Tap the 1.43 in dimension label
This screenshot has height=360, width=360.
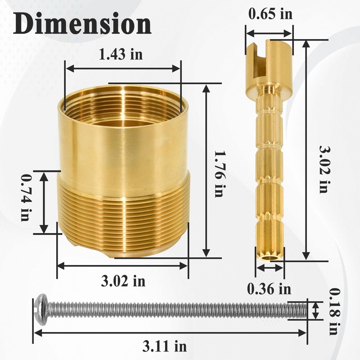(x=121, y=54)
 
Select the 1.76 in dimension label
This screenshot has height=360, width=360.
(x=218, y=174)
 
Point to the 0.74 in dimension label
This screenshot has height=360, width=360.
(x=25, y=198)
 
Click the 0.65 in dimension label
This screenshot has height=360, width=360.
(x=270, y=14)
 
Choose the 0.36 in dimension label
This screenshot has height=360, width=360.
(x=269, y=288)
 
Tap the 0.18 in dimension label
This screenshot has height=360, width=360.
(x=335, y=311)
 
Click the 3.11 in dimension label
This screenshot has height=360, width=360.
(x=165, y=346)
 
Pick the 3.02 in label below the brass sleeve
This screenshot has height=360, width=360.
(x=123, y=281)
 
